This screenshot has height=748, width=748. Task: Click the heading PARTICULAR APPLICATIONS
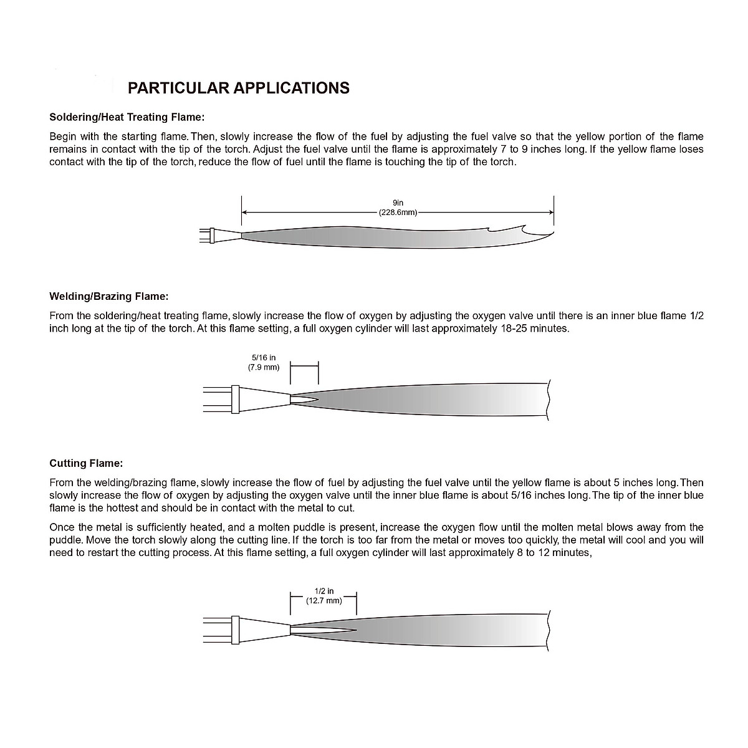tap(238, 88)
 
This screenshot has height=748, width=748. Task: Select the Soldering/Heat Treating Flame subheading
tap(127, 117)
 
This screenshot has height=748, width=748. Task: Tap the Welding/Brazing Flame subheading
tap(109, 296)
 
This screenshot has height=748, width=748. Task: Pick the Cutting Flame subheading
tap(86, 463)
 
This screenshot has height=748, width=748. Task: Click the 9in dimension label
tap(398, 203)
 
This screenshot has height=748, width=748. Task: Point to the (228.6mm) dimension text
tap(398, 213)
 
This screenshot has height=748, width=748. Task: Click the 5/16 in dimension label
tap(264, 358)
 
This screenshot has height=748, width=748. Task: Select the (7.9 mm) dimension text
tap(264, 367)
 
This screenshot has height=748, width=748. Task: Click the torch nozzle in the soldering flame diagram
tap(226, 236)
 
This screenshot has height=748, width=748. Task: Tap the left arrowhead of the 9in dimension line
tap(244, 213)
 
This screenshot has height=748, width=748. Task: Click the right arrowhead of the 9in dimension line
tap(550, 213)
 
